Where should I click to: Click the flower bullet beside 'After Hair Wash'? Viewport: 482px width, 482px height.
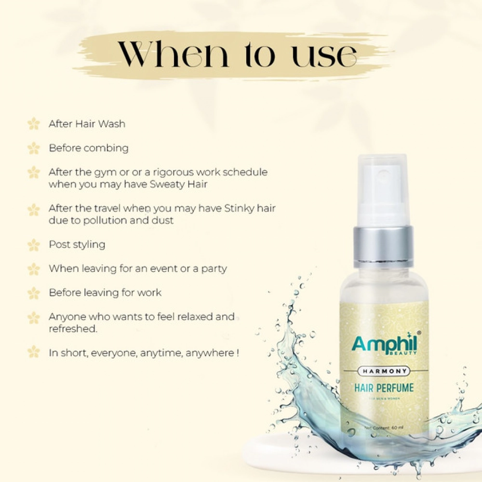[34, 124]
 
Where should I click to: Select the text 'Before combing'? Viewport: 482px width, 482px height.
[89, 148]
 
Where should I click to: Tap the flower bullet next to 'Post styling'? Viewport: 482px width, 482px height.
[34, 245]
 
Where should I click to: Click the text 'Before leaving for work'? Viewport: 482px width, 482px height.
[105, 293]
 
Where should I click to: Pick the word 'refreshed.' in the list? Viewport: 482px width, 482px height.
[73, 329]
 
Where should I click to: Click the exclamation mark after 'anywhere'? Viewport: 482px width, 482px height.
[238, 353]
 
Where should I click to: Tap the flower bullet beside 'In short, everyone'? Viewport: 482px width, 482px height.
[34, 352]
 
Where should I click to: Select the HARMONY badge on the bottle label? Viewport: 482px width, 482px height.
[385, 371]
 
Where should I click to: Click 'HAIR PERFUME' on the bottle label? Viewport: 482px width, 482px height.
[384, 387]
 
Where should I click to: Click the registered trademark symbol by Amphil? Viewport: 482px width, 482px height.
[418, 333]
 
